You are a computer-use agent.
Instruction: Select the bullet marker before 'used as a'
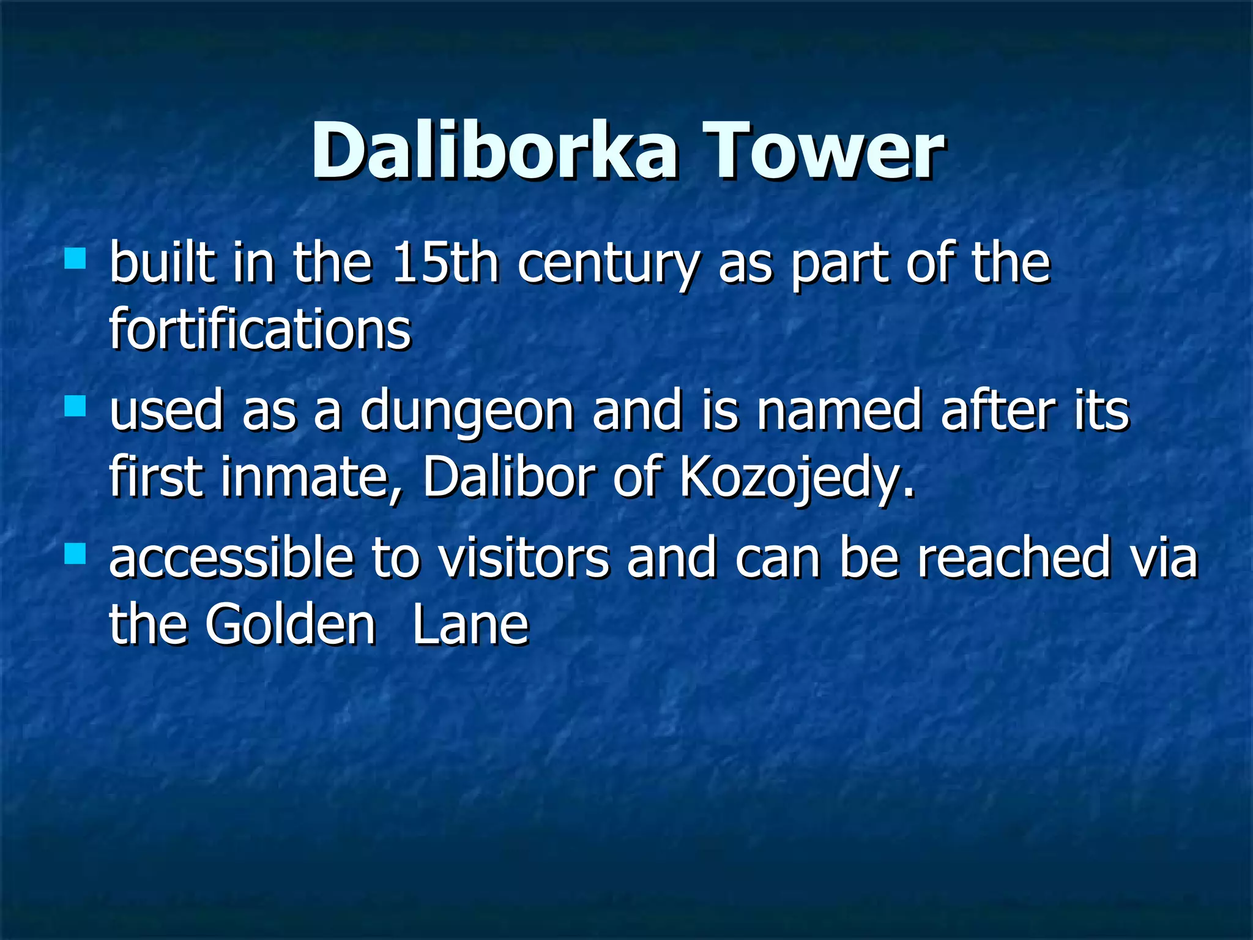(75, 406)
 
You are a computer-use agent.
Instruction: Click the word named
(839, 410)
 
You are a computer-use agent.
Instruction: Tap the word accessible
(232, 557)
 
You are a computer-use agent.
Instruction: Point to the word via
(1163, 557)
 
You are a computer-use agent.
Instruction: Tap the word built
(162, 263)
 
